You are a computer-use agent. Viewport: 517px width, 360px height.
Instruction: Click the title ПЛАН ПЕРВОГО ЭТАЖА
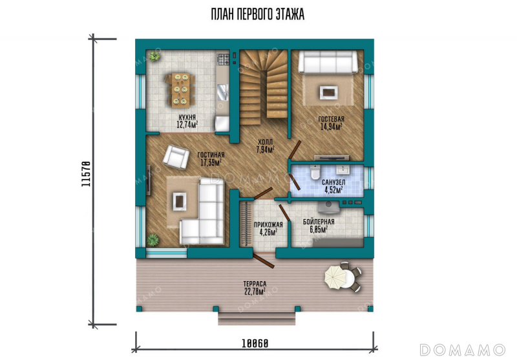(257, 14)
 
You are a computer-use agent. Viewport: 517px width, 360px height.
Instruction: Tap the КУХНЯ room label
(187, 118)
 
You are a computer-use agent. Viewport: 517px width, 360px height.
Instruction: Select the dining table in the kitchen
(181, 90)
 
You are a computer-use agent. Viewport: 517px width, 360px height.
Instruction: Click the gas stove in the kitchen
(223, 59)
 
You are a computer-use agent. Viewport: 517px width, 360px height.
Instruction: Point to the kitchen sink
(223, 92)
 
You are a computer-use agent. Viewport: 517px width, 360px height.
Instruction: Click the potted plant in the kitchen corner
(154, 56)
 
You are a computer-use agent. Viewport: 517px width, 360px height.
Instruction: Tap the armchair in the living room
(176, 157)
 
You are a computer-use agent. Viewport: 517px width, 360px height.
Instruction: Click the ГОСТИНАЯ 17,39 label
(211, 158)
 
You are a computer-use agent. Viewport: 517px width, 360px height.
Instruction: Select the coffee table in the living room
(180, 201)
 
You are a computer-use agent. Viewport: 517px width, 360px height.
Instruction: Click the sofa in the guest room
(328, 61)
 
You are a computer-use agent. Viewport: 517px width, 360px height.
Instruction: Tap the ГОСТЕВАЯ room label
(331, 119)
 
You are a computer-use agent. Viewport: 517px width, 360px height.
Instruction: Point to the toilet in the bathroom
(315, 172)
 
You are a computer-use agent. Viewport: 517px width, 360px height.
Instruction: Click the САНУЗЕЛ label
(333, 182)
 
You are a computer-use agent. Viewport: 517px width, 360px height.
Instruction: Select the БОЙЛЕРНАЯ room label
(319, 222)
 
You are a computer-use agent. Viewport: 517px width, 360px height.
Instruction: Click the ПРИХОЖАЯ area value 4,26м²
(268, 232)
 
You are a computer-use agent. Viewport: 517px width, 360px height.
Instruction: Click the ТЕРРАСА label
(255, 284)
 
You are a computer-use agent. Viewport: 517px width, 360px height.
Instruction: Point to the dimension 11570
(86, 174)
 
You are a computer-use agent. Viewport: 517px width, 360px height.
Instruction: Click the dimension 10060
(255, 343)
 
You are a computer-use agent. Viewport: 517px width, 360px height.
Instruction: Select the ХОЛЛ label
(266, 142)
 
